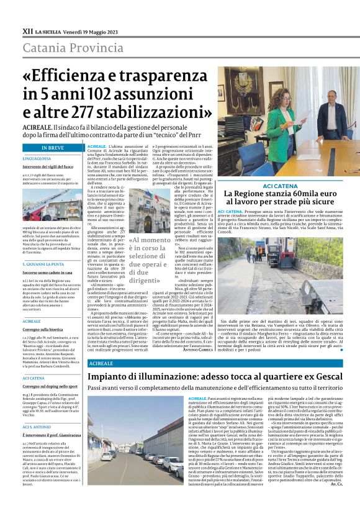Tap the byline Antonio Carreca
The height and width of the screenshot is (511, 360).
click(x=197, y=351)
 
